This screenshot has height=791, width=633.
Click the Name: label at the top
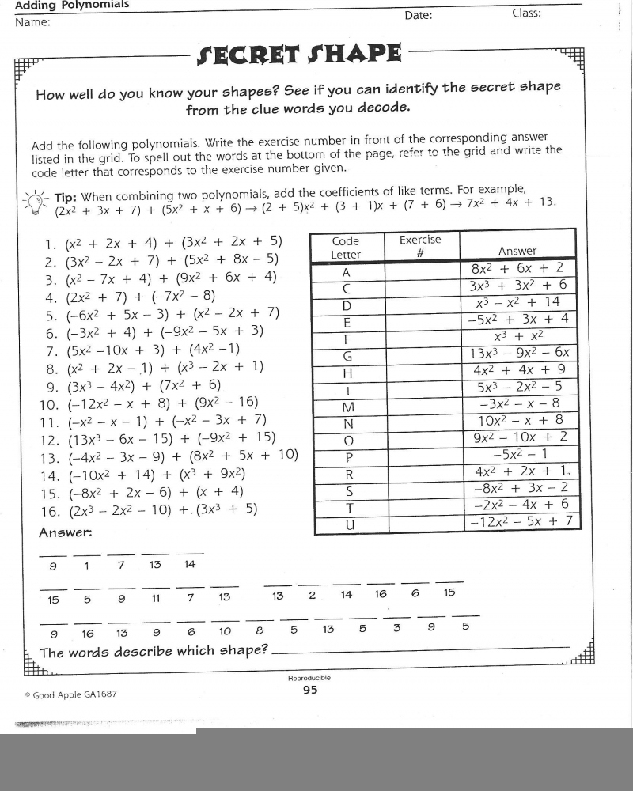32,22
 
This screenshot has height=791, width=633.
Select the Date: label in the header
419,16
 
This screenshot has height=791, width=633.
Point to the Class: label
526,13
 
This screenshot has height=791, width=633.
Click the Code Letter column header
346,248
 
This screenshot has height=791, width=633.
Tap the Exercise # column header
420,246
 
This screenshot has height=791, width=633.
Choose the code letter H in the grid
346,373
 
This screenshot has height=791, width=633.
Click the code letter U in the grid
346,524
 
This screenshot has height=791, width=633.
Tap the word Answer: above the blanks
65,532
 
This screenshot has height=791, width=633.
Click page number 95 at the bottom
309,690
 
